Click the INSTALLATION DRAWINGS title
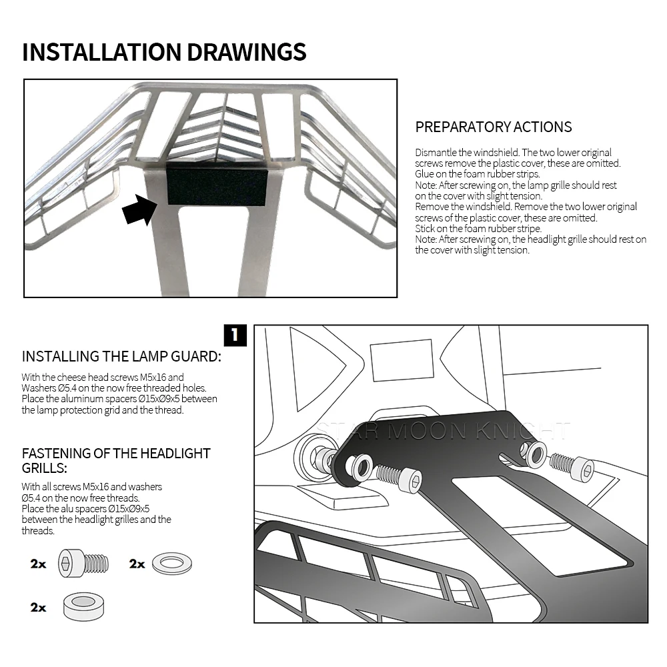pos(164,52)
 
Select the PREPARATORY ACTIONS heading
pos(494,127)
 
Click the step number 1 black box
pos(235,336)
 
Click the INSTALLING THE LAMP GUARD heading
pos(121,356)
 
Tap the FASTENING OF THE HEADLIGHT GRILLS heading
pos(116,460)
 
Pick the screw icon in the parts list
pos(84,564)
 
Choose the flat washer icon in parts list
pos(172,564)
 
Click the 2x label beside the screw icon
pos(38,564)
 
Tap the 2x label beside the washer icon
pos(137,564)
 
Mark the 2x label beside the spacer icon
pos(38,607)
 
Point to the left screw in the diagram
pos(399,478)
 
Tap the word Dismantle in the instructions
pos(435,153)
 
